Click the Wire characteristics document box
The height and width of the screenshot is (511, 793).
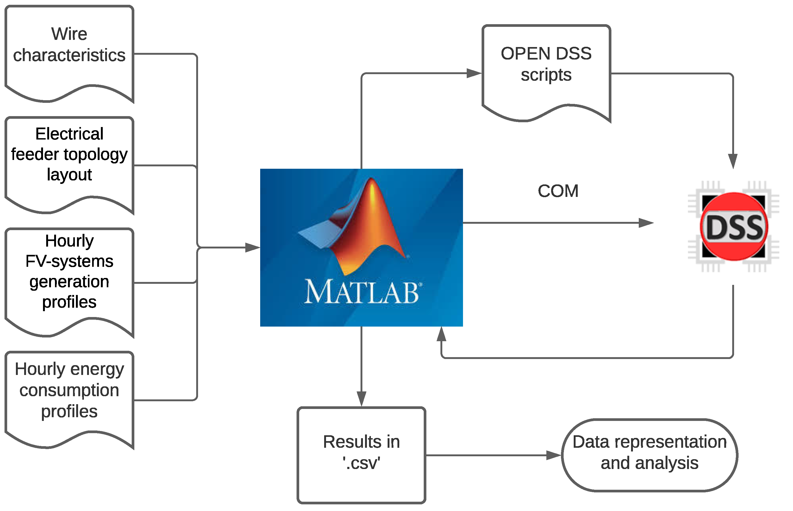(x=69, y=53)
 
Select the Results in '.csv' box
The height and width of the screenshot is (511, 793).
(x=361, y=455)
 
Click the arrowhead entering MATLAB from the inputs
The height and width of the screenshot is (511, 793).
(x=253, y=248)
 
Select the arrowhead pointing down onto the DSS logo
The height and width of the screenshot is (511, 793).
(x=733, y=162)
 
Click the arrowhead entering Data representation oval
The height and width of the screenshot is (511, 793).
(x=554, y=455)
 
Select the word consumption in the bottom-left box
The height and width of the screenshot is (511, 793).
(x=69, y=390)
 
